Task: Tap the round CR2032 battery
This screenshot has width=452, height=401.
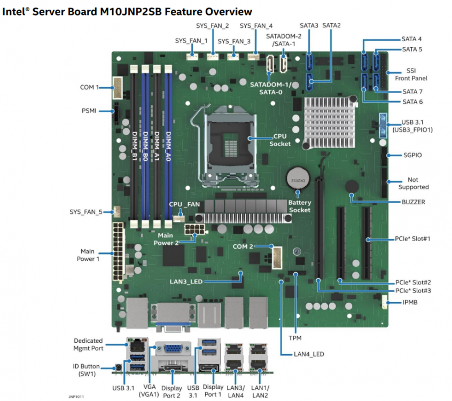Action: [x=298, y=178]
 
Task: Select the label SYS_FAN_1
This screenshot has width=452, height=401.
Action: [x=191, y=41]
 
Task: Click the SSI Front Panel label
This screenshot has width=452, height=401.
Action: [x=411, y=74]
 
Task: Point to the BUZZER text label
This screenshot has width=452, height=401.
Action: [x=414, y=202]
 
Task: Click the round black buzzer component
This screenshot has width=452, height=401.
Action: [x=352, y=187]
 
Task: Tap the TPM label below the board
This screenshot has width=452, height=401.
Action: [x=295, y=338]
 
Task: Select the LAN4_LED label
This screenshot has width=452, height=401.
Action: [x=309, y=354]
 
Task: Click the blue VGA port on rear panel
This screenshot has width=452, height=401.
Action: [x=174, y=349]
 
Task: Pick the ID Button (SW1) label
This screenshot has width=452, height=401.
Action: [x=86, y=370]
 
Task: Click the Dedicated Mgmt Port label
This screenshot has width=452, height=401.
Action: [x=88, y=344]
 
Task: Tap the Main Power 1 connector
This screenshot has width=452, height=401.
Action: [x=118, y=251]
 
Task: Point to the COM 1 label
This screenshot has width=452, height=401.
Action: [x=89, y=87]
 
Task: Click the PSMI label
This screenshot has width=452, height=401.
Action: [x=89, y=111]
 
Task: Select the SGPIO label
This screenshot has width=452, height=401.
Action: [x=412, y=155]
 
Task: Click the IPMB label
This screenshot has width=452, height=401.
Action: [x=410, y=302]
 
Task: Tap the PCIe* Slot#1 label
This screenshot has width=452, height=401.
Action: [x=412, y=239]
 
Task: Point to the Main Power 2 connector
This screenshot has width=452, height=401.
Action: [x=194, y=229]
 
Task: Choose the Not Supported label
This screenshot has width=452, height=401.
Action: [x=414, y=183]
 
